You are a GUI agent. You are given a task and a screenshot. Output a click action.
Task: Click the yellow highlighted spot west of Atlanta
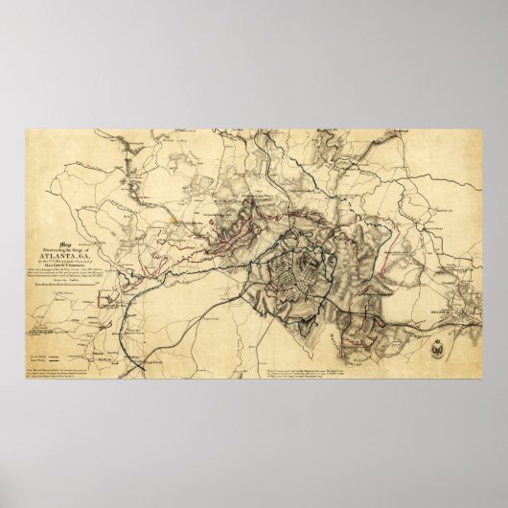pyautogui.click(x=173, y=218)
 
